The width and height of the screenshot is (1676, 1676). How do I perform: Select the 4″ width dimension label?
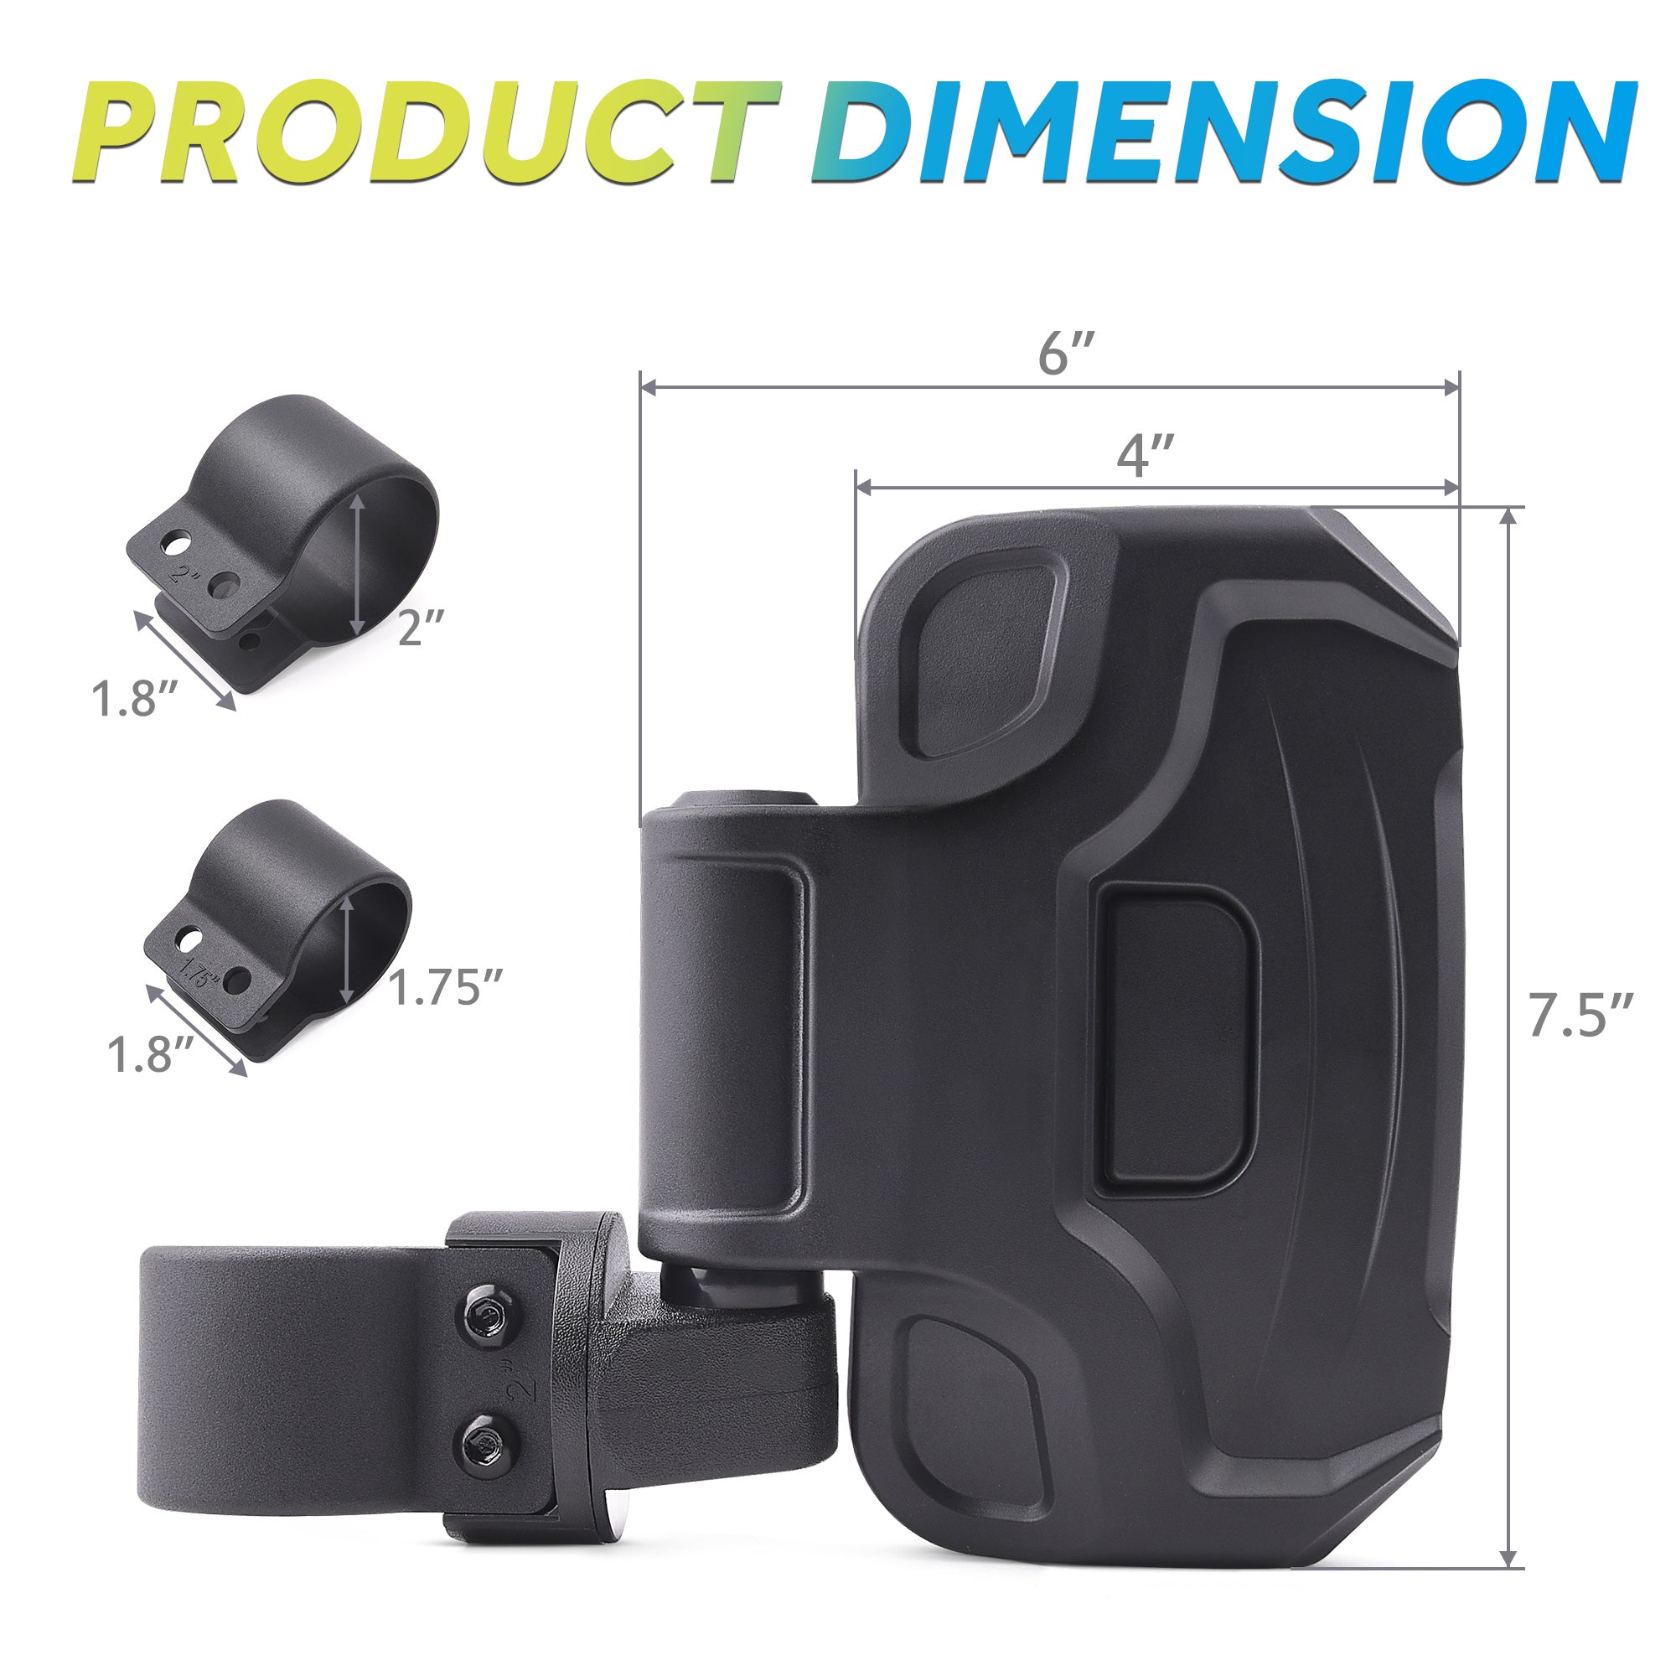point(1145,454)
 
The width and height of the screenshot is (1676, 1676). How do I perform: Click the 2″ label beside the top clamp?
point(422,626)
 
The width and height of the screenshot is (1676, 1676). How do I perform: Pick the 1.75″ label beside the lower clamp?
point(446,986)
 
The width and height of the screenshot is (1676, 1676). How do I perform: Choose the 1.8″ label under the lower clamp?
point(149,1054)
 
